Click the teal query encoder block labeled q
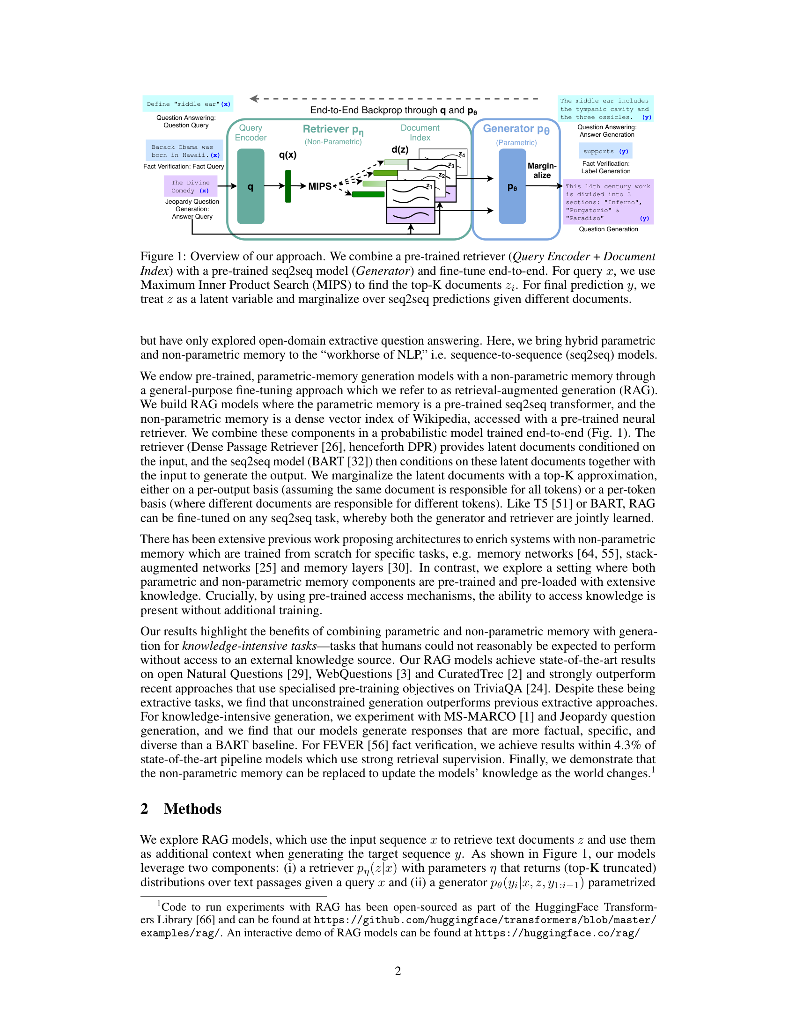pos(251,186)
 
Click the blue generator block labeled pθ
pos(512,186)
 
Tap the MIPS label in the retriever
pos(320,186)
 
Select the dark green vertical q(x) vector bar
pos(288,186)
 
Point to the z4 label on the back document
pos(462,154)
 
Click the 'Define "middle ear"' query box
pos(188,104)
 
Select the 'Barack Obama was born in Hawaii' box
pos(184,151)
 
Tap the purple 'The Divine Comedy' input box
pos(191,186)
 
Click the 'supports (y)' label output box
pos(605,151)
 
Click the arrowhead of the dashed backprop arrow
pos(254,99)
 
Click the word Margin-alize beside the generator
pos(542,170)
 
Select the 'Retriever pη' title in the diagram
pos(333,129)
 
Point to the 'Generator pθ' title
pos(516,129)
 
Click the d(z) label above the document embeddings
pos(400,149)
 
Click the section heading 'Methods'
pos(192,809)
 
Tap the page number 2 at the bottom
pos(398,971)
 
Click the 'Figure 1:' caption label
pos(162,257)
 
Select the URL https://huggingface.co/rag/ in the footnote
pos(557,933)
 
